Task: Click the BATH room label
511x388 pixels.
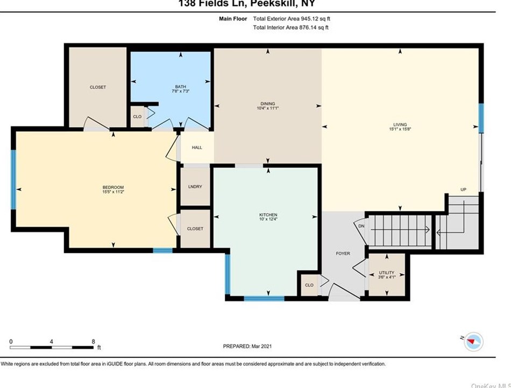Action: point(180,87)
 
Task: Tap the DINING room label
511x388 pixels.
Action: point(267,103)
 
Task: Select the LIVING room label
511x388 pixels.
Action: point(400,124)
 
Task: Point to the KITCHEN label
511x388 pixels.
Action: point(268,215)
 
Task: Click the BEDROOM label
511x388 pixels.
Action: point(113,187)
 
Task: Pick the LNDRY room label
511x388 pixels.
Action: point(195,187)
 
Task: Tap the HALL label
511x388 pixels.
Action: point(197,147)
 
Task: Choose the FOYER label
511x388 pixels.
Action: point(343,253)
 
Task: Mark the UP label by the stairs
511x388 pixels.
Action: point(463,189)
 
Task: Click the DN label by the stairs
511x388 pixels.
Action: point(361,226)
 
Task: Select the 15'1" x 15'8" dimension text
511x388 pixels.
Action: point(400,129)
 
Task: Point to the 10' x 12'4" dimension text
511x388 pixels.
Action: point(268,220)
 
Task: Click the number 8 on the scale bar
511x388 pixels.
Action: point(93,341)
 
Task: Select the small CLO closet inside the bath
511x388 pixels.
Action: point(137,116)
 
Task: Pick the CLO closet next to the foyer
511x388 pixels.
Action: point(309,285)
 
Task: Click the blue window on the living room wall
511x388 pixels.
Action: point(481,118)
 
